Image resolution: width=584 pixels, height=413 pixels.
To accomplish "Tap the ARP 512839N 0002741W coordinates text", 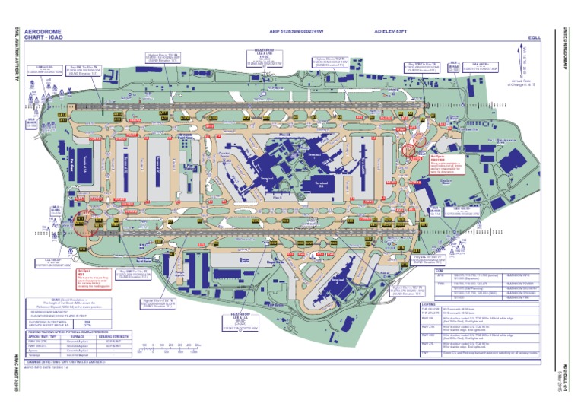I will (x=297, y=32).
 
